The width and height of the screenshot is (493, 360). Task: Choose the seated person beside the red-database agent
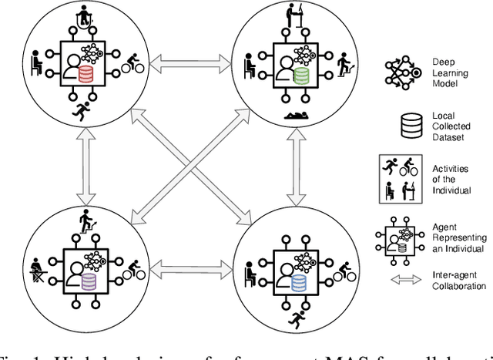point(35,62)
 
